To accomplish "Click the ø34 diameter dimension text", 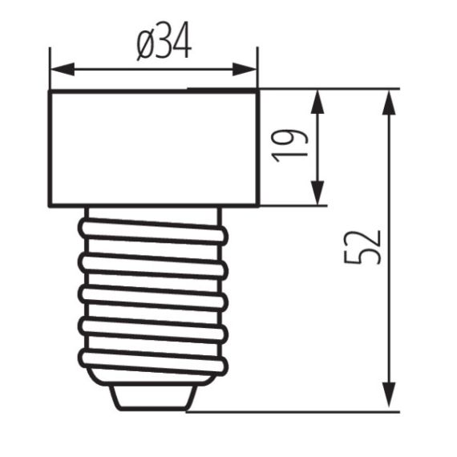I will click(x=164, y=46).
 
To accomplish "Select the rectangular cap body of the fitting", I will click(x=153, y=148).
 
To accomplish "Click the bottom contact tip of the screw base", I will click(x=152, y=396).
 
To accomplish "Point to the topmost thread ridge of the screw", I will click(x=152, y=227).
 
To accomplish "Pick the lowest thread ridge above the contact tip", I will click(x=152, y=358).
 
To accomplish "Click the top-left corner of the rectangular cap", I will click(x=50, y=91).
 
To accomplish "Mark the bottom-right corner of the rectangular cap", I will click(x=257, y=205).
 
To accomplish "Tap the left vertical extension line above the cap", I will click(x=50, y=68).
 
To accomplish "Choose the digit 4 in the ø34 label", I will click(x=182, y=46).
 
